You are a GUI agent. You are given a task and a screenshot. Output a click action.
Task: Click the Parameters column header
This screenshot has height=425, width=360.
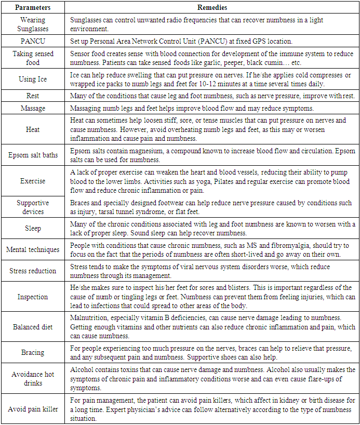click(x=33, y=8)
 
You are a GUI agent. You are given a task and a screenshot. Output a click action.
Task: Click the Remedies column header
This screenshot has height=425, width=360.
click(x=212, y=8)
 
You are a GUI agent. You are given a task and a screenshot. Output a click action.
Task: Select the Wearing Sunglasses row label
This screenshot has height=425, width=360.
click(x=33, y=23)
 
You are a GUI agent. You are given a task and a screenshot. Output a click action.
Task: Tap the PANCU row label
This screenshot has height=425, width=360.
click(x=33, y=41)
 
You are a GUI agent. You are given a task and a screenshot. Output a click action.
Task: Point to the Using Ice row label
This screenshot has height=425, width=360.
click(x=33, y=79)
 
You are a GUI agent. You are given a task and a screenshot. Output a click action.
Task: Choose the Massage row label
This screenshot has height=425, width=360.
click(x=33, y=108)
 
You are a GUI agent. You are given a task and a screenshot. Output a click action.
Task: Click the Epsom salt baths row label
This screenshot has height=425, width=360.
click(x=33, y=155)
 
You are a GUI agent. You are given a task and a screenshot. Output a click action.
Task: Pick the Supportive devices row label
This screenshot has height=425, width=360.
click(x=33, y=207)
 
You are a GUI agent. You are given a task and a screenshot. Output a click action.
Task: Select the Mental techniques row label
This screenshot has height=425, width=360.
click(x=33, y=250)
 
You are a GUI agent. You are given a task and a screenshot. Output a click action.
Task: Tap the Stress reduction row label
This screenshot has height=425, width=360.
click(x=33, y=271)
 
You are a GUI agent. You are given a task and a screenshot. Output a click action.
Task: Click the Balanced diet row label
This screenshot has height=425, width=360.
click(x=33, y=327)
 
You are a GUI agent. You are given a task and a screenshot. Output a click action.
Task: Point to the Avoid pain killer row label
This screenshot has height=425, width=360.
click(x=33, y=409)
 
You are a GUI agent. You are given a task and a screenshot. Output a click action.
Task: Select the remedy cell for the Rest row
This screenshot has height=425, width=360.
click(x=212, y=96)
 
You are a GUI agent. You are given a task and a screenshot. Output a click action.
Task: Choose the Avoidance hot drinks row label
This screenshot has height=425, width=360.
click(x=33, y=379)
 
